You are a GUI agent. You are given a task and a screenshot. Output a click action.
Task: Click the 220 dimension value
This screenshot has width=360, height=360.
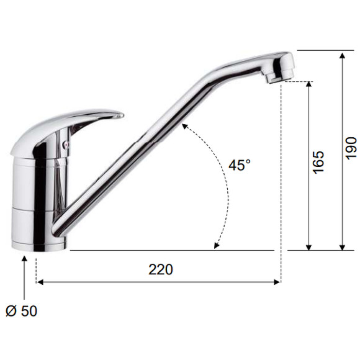[161, 269]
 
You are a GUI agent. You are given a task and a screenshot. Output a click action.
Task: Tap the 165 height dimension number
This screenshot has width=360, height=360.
[318, 163]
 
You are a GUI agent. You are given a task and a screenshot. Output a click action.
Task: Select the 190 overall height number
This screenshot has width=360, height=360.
[351, 148]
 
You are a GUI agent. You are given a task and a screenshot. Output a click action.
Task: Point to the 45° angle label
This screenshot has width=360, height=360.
[240, 164]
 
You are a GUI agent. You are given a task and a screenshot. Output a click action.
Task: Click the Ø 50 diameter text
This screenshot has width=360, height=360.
[21, 312]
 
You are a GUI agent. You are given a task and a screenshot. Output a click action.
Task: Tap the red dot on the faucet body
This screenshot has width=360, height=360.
[66, 144]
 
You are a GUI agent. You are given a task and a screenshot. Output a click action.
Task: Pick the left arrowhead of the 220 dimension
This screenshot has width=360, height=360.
[40, 282]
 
